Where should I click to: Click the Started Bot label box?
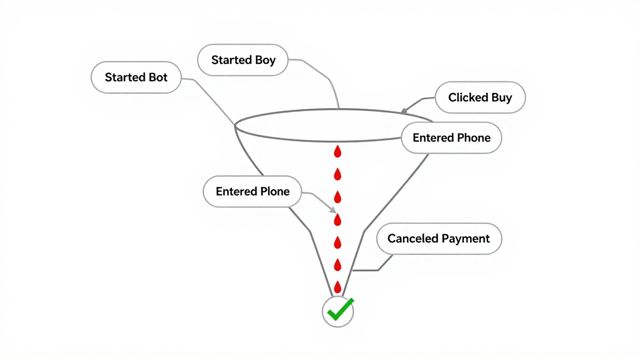click(x=136, y=77)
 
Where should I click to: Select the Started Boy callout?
click(x=243, y=60)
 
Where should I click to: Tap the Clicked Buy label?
click(x=480, y=97)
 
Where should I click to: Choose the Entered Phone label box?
click(x=451, y=138)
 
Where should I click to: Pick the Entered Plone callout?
click(x=252, y=191)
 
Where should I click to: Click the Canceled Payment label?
click(x=438, y=238)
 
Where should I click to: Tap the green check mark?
click(x=339, y=310)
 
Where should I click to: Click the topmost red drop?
click(x=337, y=151)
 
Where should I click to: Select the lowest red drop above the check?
click(x=337, y=287)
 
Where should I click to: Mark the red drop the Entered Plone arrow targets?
click(x=337, y=219)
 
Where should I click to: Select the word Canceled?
click(x=409, y=238)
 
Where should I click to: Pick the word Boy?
click(x=264, y=60)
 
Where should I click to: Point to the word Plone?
click(x=274, y=191)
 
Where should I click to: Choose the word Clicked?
click(x=467, y=97)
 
